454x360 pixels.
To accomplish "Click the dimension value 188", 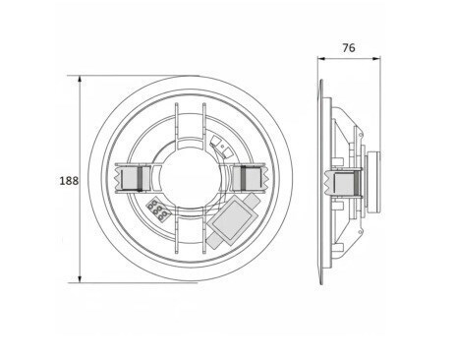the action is click(x=69, y=181).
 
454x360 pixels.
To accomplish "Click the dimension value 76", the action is click(x=349, y=48).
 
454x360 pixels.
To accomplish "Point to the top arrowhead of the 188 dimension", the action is click(x=80, y=80).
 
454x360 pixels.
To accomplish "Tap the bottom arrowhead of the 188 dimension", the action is click(x=80, y=278).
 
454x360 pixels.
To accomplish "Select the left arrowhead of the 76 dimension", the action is click(x=321, y=59).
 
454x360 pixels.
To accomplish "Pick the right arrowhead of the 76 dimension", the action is click(x=376, y=59).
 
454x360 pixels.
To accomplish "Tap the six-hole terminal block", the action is click(x=158, y=210).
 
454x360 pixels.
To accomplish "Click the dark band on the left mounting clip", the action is click(x=140, y=179).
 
